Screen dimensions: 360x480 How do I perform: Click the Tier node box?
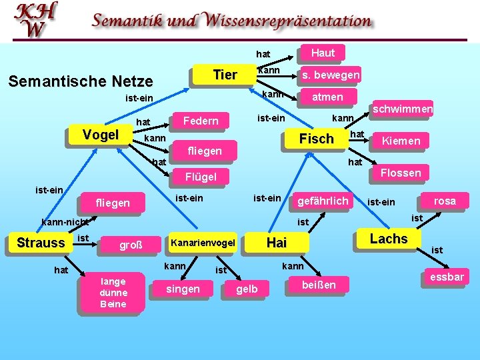coord(225,75)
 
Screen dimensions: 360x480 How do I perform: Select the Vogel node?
coord(101,134)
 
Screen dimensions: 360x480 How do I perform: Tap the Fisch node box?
coord(317,139)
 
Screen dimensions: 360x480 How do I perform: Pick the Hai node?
coord(276,243)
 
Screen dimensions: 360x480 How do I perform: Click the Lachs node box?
coord(388,239)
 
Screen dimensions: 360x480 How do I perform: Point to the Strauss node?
coord(41,243)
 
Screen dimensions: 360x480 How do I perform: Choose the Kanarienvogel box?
coord(203,243)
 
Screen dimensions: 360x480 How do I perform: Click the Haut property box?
coord(323,53)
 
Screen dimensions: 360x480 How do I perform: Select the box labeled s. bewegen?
coord(330,75)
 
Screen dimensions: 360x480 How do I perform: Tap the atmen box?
coord(327,97)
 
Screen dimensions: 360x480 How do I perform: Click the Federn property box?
coord(200,121)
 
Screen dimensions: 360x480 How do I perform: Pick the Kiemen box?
coord(400,141)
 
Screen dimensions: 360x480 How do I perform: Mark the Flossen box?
coord(401,173)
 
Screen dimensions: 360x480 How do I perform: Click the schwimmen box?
coord(403,109)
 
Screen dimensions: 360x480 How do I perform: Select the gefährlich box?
coord(323,201)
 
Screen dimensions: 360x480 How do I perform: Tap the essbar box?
coord(447,277)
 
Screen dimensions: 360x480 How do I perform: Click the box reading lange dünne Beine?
coord(113,293)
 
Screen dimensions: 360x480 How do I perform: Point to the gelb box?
coord(247,289)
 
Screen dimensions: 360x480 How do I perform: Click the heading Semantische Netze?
coord(80,81)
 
